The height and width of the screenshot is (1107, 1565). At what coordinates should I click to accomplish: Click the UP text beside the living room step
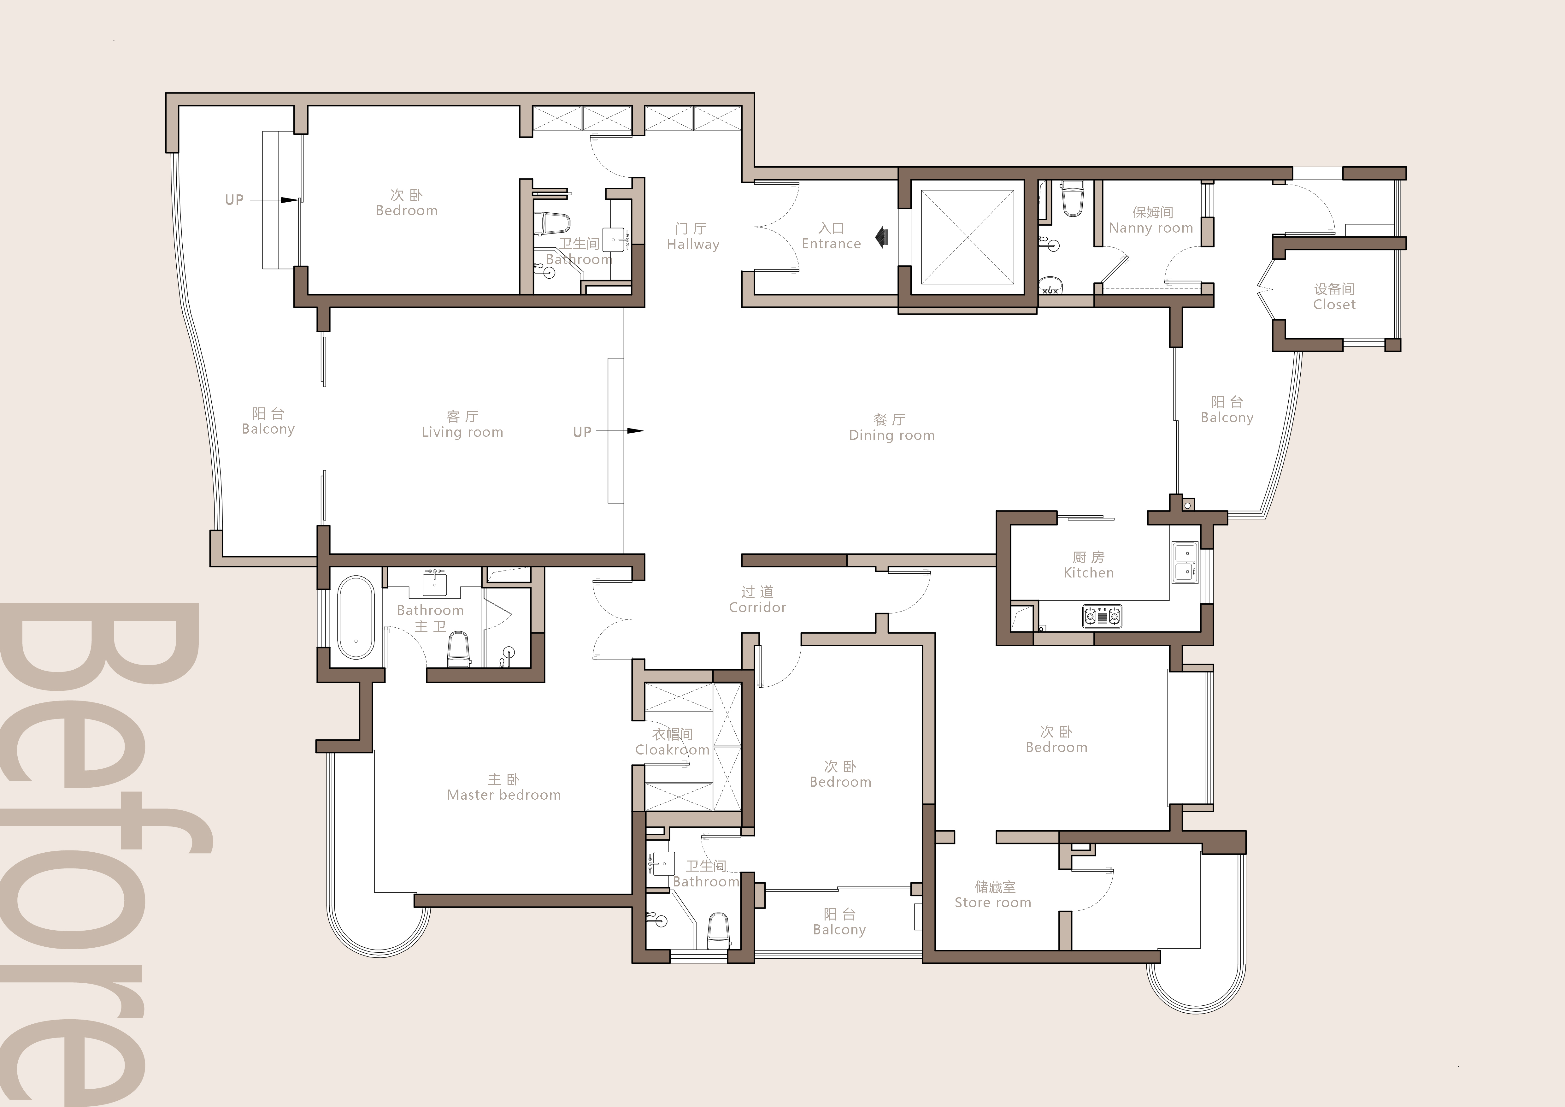pos(582,431)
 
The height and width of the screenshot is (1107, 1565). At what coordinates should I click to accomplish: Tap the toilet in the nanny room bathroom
pos(1072,198)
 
